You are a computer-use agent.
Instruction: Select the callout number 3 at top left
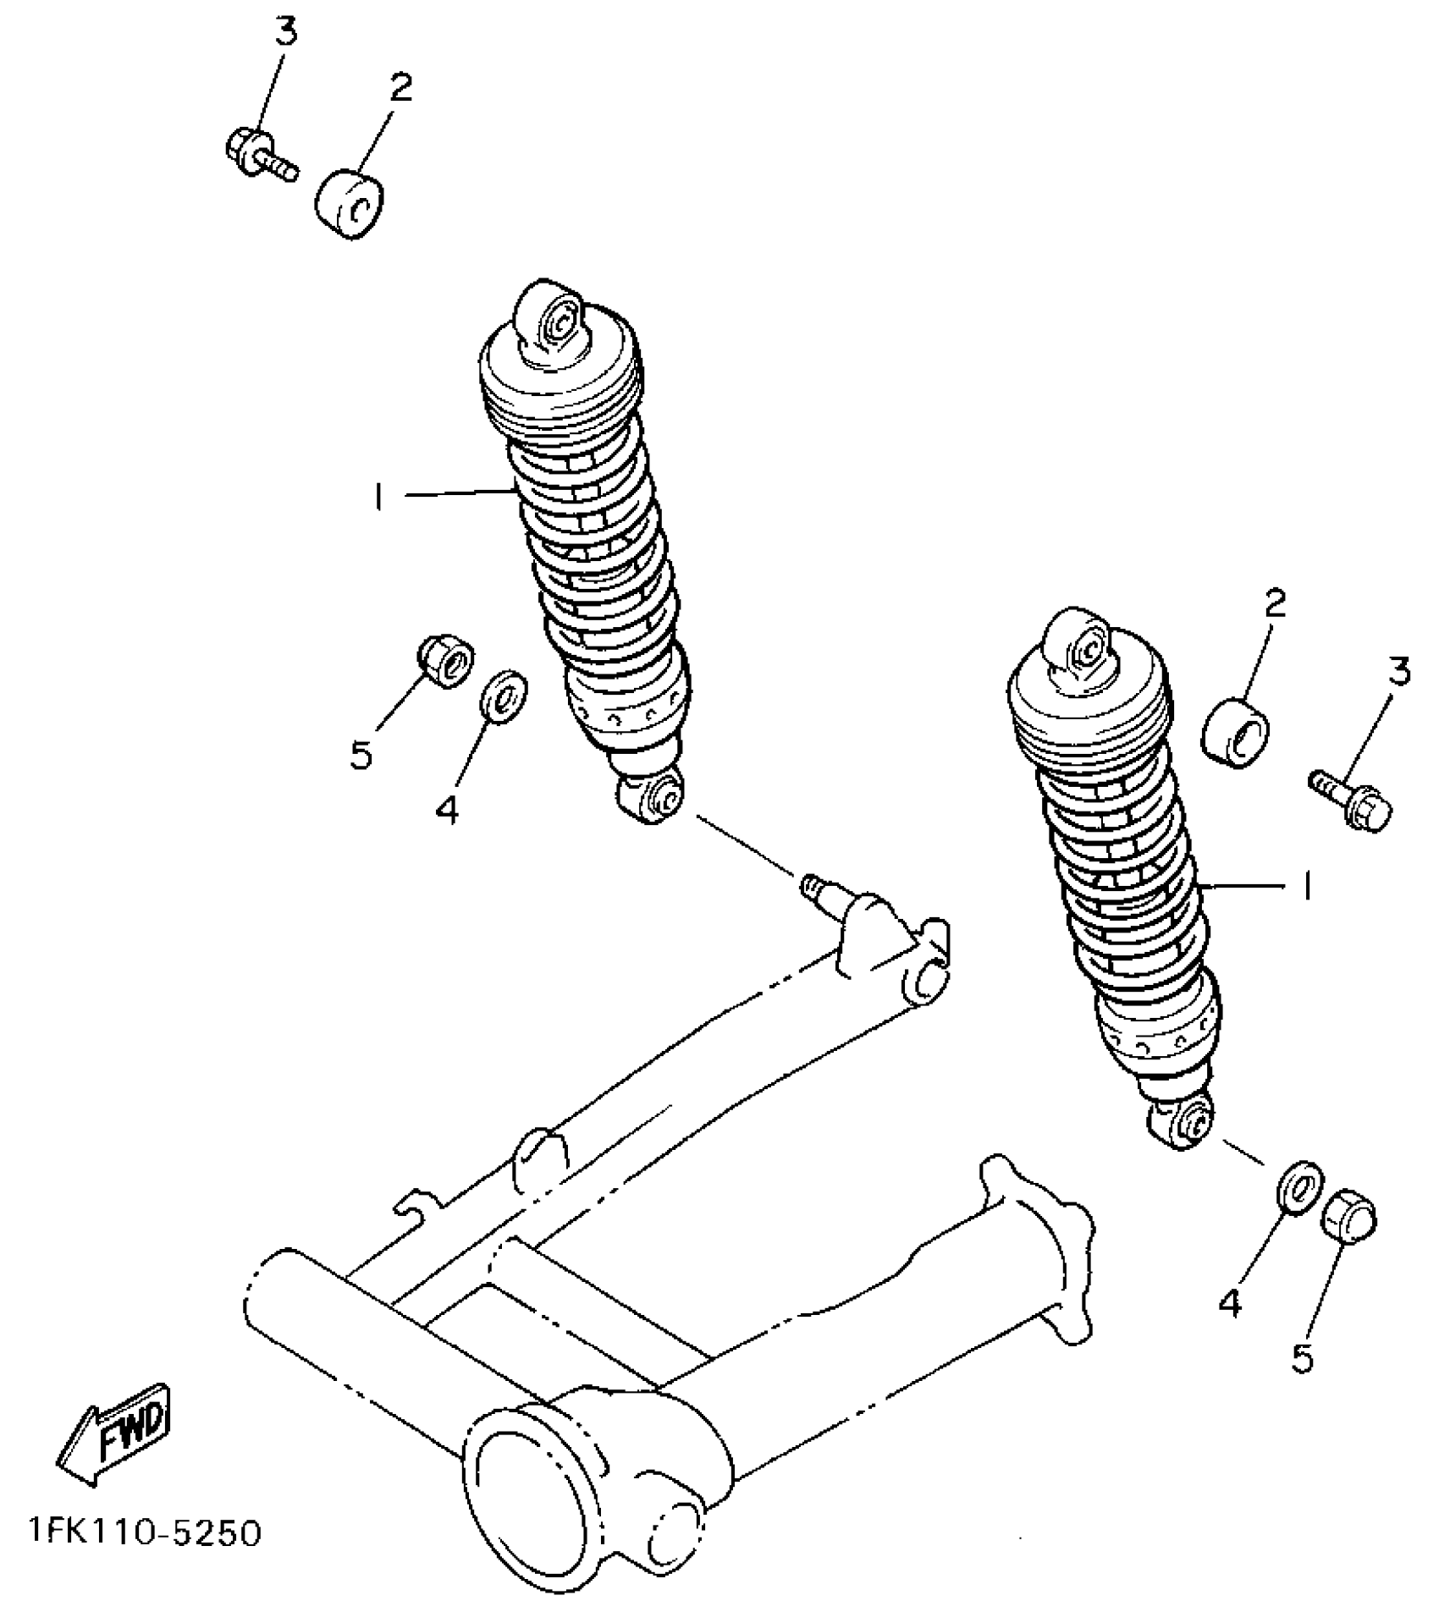(285, 32)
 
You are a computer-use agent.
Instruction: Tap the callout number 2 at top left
(400, 87)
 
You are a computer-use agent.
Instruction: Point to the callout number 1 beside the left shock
(378, 497)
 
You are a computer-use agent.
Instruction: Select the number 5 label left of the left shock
(361, 753)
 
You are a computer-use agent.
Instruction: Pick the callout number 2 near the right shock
(1275, 603)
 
